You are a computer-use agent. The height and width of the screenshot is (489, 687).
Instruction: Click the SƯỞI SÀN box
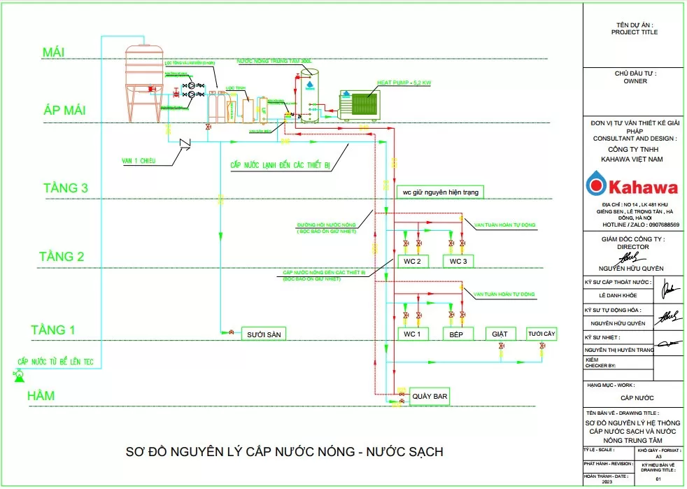(x=263, y=334)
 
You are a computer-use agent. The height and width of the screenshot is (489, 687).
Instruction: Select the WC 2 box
(x=412, y=261)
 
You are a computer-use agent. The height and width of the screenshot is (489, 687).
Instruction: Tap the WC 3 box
(x=458, y=261)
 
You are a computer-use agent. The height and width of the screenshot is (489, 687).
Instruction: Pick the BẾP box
(x=458, y=334)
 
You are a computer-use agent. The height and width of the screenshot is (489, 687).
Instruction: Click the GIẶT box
(x=500, y=334)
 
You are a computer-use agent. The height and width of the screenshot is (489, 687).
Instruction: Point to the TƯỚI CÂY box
(x=541, y=334)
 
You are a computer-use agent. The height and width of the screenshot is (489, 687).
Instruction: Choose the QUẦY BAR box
(x=429, y=397)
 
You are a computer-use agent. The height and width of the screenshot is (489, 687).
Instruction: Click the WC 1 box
(x=412, y=334)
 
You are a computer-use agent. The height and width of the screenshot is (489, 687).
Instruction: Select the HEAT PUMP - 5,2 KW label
(x=404, y=83)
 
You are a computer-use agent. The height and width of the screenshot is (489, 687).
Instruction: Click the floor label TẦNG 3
(x=65, y=187)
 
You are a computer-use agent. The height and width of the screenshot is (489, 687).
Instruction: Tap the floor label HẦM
(x=41, y=397)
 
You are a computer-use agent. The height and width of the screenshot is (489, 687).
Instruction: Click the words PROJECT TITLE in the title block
(x=634, y=32)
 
